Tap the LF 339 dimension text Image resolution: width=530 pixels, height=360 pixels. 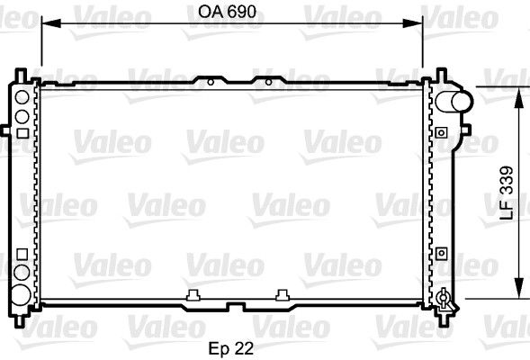point(506,193)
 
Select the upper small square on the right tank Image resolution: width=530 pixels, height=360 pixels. point(441,132)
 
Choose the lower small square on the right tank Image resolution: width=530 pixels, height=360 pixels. point(441,254)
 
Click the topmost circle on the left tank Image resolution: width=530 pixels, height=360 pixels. point(21,93)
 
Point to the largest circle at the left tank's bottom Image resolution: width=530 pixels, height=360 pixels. point(20,292)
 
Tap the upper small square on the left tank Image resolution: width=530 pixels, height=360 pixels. point(20,132)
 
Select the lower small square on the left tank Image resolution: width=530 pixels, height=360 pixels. point(20,254)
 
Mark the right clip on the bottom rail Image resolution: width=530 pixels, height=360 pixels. point(283,293)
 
